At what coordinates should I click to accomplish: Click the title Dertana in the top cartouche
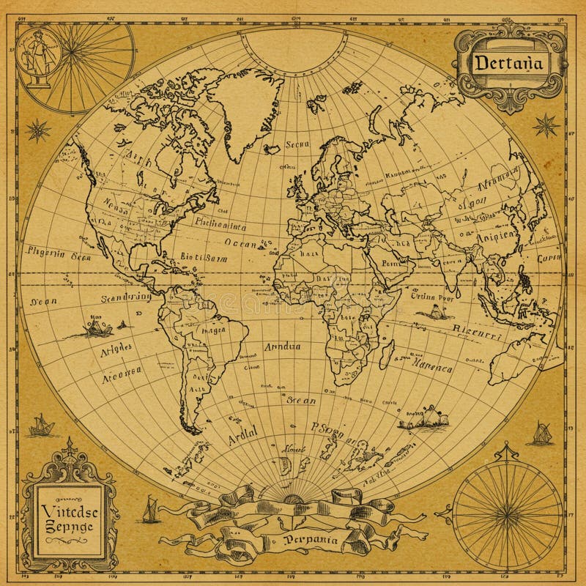(508, 62)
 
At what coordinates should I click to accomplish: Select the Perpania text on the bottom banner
(312, 541)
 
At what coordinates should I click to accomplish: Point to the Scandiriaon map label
(127, 297)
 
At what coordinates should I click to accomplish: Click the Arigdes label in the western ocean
(115, 349)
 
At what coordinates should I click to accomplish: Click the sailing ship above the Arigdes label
(94, 327)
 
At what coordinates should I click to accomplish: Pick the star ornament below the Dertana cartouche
(546, 125)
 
